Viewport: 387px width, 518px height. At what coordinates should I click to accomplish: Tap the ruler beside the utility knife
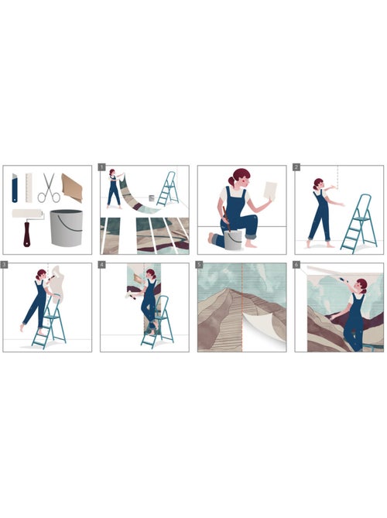tap(28, 187)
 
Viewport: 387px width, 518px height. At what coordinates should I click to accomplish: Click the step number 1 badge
tap(102, 167)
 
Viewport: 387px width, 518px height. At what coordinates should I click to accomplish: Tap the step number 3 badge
tap(5, 265)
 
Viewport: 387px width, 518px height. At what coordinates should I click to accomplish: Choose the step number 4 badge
tap(102, 265)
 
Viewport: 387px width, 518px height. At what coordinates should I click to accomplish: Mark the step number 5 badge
tap(200, 265)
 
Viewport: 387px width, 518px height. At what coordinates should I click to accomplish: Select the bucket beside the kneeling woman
tap(233, 238)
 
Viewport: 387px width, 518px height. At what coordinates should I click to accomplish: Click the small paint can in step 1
tap(152, 199)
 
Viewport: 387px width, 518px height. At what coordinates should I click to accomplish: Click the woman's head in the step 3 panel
tap(41, 275)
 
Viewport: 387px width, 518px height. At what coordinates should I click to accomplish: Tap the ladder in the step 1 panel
tap(168, 190)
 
